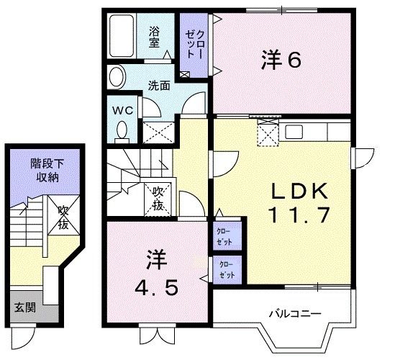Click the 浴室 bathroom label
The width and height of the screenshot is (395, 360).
coord(154,36)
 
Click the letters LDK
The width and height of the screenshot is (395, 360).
coord(299,192)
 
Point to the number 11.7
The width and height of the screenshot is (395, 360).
coord(299,215)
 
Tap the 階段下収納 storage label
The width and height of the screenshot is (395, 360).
coord(45,171)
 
